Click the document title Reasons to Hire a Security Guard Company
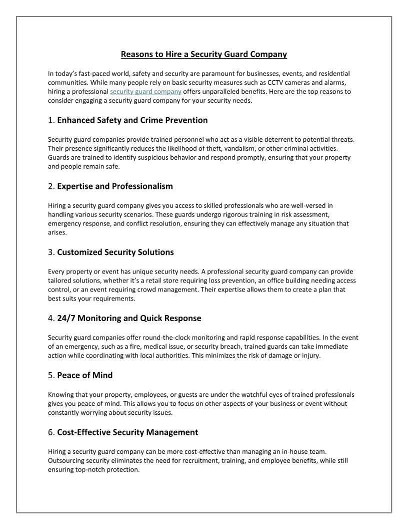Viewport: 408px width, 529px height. click(x=204, y=54)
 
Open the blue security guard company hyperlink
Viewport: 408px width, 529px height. click(x=145, y=92)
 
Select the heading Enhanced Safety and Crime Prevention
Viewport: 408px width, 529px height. click(x=132, y=120)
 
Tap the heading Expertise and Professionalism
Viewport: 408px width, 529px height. click(x=115, y=186)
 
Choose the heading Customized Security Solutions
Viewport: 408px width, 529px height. click(x=115, y=252)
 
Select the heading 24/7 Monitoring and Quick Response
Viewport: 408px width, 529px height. click(x=129, y=318)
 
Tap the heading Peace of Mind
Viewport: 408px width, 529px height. click(x=85, y=375)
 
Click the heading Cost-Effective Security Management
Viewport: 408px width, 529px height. click(x=127, y=432)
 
